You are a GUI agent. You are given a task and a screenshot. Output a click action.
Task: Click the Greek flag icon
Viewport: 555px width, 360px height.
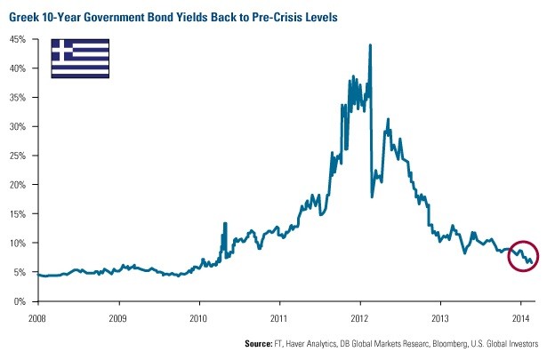point(80,56)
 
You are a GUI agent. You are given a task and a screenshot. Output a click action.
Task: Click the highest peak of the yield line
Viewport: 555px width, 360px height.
point(369,45)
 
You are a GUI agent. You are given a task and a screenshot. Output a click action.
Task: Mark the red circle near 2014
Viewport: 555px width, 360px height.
point(524,255)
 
